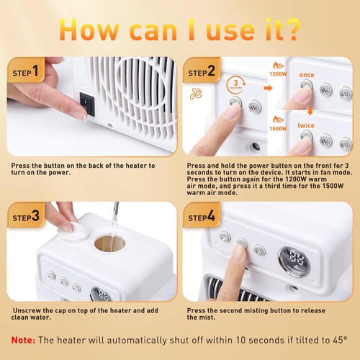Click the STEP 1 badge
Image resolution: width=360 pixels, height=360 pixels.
[26, 70]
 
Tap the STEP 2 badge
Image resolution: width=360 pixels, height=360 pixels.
[202, 70]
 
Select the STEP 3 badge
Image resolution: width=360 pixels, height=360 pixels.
[26, 215]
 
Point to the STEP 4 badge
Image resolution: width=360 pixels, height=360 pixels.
[202, 215]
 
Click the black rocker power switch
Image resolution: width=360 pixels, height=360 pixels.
[87, 104]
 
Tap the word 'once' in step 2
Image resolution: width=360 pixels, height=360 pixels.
[307, 75]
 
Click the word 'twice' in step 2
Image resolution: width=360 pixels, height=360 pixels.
[306, 125]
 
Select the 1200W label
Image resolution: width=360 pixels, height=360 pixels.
[278, 74]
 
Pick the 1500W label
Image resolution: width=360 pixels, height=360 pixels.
[278, 129]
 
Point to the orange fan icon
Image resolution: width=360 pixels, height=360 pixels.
[196, 94]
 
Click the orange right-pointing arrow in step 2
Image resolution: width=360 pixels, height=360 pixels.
[269, 88]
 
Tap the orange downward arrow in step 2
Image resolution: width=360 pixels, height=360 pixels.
[310, 111]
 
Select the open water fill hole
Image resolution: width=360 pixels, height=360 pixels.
[110, 243]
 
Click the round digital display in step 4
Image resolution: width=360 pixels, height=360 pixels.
[294, 261]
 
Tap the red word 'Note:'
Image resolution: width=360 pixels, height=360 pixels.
[23, 340]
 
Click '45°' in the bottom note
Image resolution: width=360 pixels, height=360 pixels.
[341, 340]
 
